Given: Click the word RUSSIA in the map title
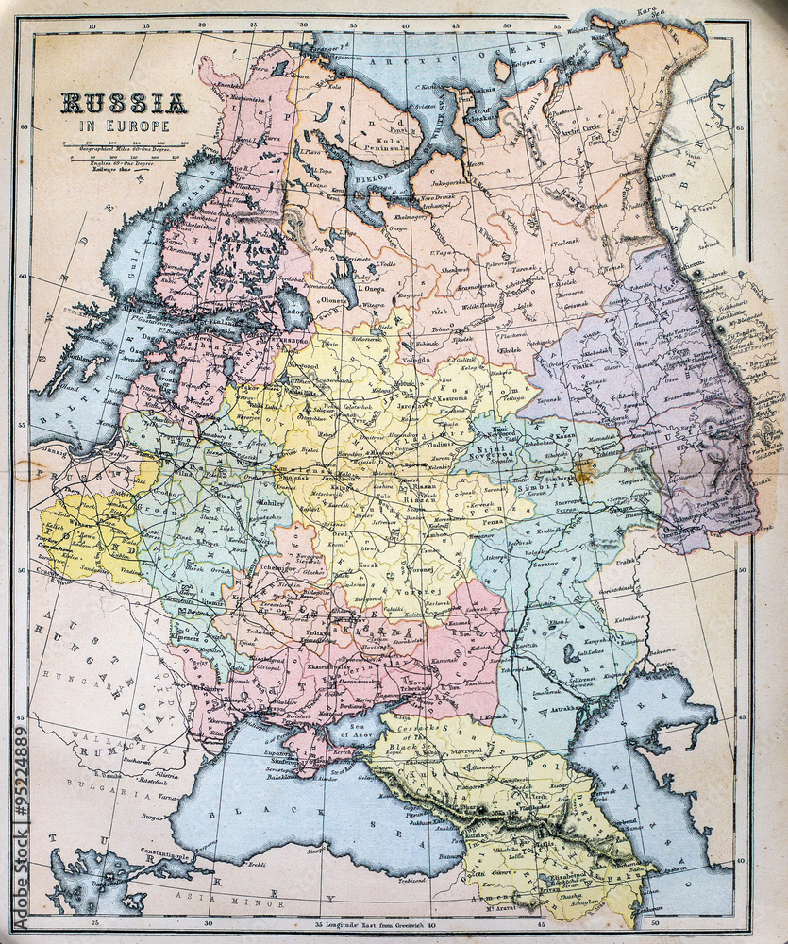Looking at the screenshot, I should tap(124, 103).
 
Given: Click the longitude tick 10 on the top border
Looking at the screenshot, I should tap(92, 26).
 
